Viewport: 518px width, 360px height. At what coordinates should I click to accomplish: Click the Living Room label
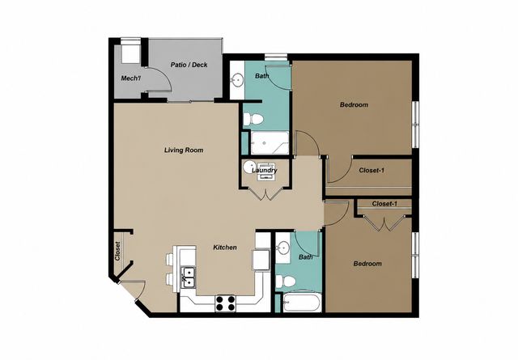pos(184,150)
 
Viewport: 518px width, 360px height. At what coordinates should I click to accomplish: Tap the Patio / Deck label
pos(189,65)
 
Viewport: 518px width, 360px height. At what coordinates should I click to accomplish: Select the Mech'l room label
pos(131,78)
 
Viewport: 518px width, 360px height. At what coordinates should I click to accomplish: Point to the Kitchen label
pos(225,247)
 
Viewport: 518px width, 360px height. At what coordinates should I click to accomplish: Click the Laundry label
pos(265,171)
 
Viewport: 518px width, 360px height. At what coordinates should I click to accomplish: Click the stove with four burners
pos(225,303)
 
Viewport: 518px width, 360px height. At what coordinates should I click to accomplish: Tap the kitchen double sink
pos(189,277)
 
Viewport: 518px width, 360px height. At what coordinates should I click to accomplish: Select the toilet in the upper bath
pos(253,119)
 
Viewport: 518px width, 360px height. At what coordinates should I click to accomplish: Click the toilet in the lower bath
pos(286,281)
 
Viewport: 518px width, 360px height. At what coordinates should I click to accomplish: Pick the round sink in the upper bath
pos(237,79)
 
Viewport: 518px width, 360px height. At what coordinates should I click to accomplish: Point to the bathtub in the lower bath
pos(302,303)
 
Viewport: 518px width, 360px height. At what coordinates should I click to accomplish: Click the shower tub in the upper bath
pos(270,142)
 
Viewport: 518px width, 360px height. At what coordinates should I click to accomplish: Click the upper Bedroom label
pos(354,104)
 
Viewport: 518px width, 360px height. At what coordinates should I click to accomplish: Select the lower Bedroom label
pos(367,264)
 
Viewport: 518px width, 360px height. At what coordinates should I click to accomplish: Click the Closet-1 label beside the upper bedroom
pos(372,171)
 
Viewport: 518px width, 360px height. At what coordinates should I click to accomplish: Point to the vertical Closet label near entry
pos(117,252)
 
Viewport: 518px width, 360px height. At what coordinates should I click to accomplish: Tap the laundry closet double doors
pos(265,193)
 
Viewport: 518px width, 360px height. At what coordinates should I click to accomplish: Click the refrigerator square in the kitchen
pos(261,260)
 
